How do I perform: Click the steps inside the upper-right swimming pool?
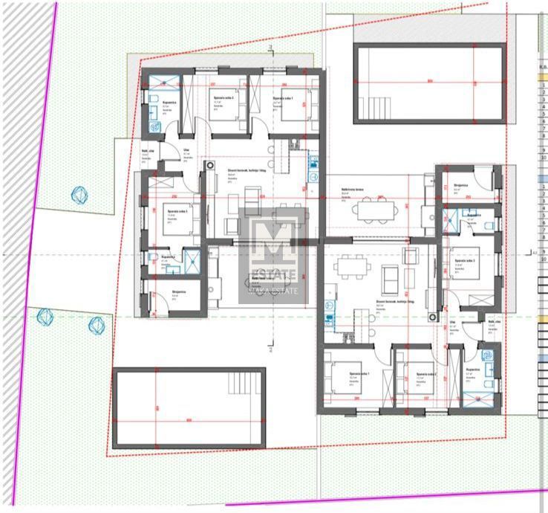(x=372, y=109)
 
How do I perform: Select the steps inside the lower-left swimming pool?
(x=242, y=383)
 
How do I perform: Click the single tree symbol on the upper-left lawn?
(x=79, y=195)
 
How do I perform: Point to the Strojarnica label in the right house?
(x=460, y=186)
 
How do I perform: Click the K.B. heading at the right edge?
(x=542, y=65)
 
